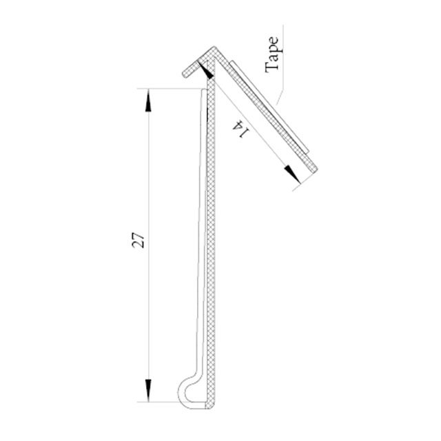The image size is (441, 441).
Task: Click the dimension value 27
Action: click(x=139, y=241)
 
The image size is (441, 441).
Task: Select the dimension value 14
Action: click(x=240, y=128)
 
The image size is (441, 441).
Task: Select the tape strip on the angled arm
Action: click(x=270, y=107)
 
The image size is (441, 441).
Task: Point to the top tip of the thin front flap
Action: click(x=203, y=90)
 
